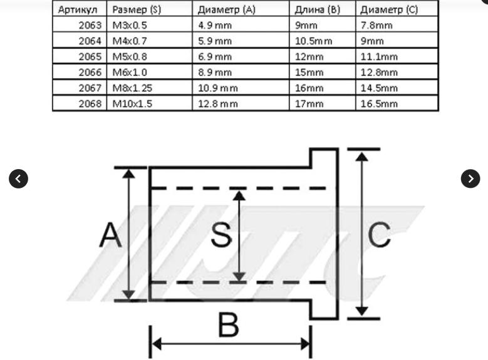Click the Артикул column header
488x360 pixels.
coord(78,9)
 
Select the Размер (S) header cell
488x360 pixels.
coord(137,9)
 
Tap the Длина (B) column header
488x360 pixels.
coord(317,9)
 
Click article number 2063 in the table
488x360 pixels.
coord(90,25)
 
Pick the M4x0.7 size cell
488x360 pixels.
coord(130,41)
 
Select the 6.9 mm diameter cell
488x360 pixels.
coord(215,56)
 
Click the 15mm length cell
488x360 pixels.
coord(309,72)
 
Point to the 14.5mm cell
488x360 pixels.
coord(379,88)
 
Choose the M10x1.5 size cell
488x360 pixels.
coord(132,103)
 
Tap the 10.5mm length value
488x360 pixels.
coord(313,41)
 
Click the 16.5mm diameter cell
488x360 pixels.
coord(379,103)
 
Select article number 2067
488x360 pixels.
coord(90,88)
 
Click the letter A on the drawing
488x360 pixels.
coord(110,235)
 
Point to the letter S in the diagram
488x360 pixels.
coord(221,235)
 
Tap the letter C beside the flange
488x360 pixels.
coord(379,235)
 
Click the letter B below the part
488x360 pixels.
coord(229,325)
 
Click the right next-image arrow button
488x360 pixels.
coord(470,178)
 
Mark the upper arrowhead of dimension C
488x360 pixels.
coord(361,157)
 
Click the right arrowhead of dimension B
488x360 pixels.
coord(306,344)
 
